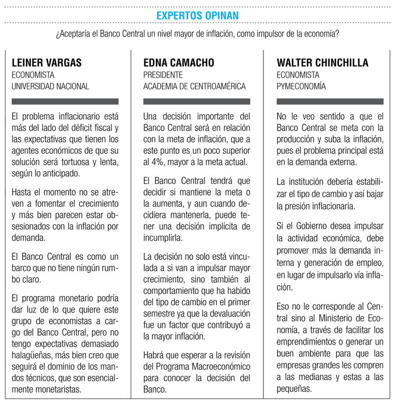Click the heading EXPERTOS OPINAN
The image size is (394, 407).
[x=197, y=16]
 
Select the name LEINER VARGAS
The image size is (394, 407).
[x=47, y=63]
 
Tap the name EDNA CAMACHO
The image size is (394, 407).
[x=179, y=63]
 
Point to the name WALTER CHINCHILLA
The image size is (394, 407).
[x=323, y=63]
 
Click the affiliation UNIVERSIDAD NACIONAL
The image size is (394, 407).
[x=51, y=86]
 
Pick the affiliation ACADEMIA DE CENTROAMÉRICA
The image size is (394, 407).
[x=195, y=86]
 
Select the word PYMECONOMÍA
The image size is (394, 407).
[x=301, y=86]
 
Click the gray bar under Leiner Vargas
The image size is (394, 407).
[x=65, y=101]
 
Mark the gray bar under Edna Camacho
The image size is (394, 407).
[x=197, y=101]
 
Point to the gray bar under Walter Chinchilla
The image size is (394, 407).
[x=330, y=101]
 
